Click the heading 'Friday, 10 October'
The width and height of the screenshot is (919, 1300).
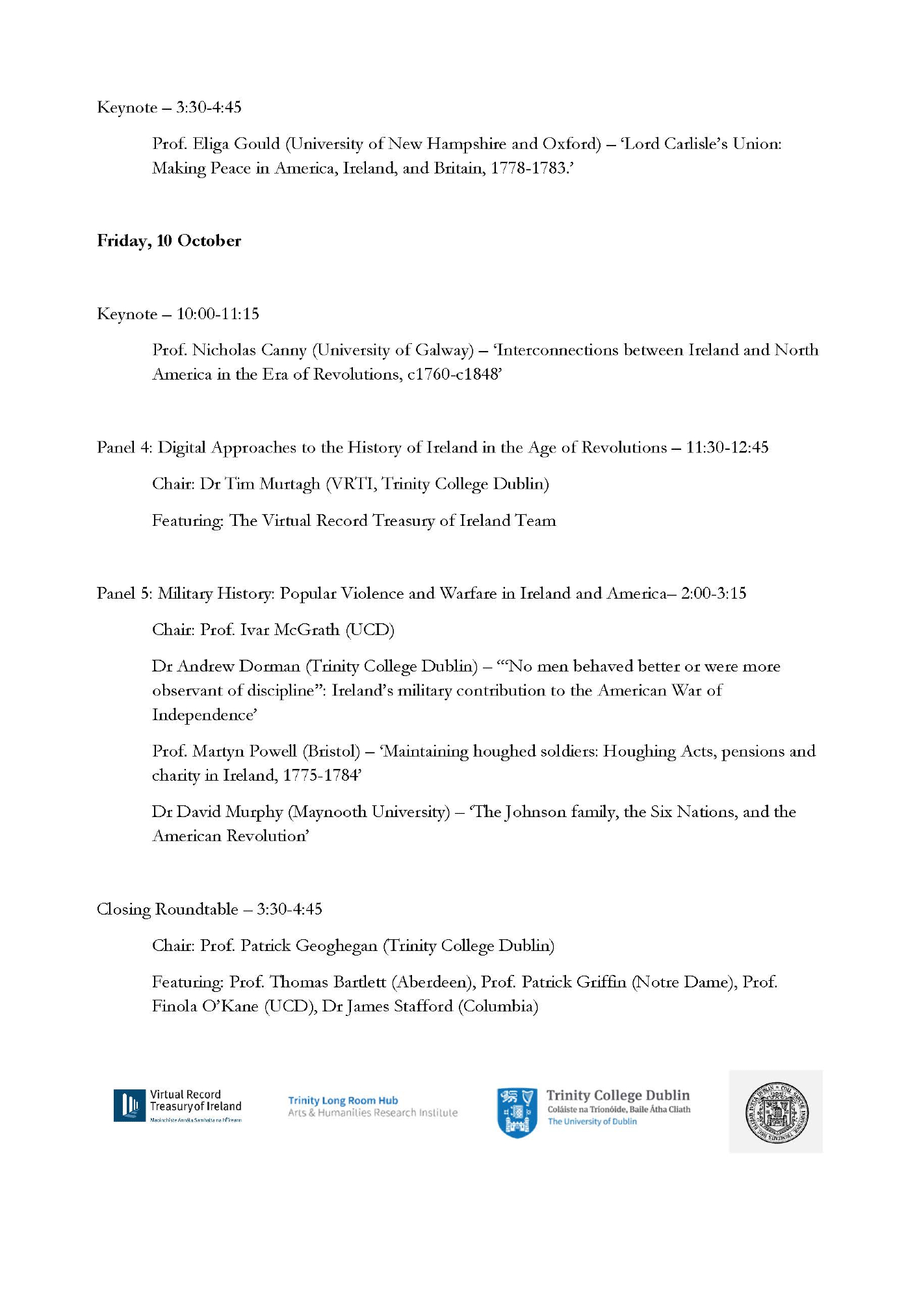coord(169,241)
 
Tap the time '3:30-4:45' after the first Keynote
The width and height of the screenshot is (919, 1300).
coord(209,107)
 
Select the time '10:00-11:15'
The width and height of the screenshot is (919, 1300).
coord(218,314)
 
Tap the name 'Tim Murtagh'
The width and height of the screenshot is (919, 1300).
coord(272,484)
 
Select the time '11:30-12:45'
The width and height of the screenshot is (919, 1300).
coord(727,448)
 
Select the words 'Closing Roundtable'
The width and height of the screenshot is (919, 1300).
coord(167,909)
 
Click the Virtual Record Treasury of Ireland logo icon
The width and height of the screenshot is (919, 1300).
coord(130,1106)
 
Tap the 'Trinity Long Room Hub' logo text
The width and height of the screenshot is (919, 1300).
coord(343,1100)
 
